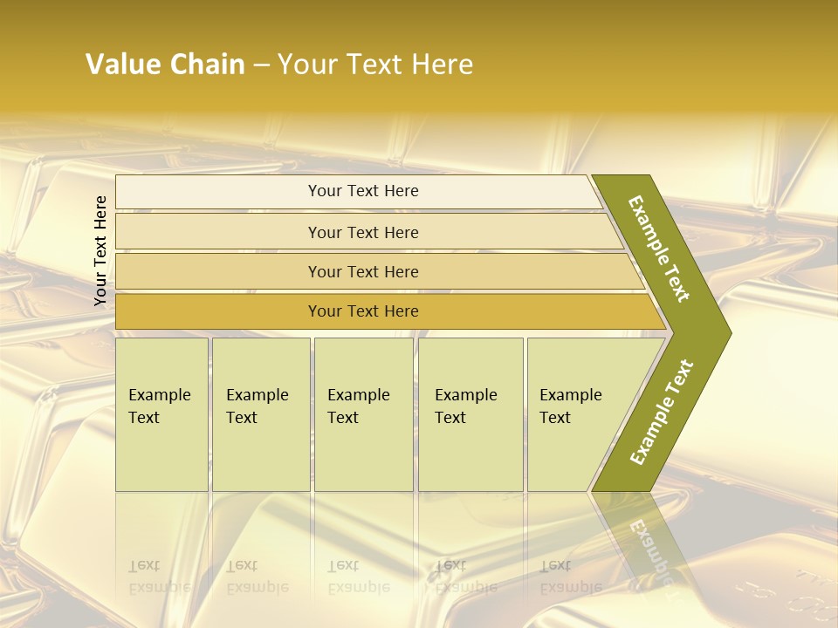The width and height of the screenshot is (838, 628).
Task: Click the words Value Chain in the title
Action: [x=165, y=65]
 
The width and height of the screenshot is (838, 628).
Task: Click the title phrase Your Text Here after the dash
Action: [x=375, y=65]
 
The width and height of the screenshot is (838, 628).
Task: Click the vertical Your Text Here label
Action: [x=100, y=250]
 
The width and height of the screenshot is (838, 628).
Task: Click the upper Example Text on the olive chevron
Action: [x=659, y=249]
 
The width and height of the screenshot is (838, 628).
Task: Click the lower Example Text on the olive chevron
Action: [x=661, y=413]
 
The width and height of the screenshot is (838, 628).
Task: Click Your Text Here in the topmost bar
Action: [x=363, y=191]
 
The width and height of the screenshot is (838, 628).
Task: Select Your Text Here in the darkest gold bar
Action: [x=363, y=311]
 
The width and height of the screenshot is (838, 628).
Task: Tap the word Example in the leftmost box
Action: [x=159, y=395]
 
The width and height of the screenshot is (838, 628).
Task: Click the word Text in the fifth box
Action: [x=554, y=418]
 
